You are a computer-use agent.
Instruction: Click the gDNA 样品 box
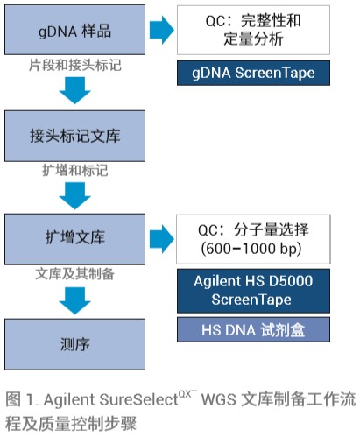[74, 30]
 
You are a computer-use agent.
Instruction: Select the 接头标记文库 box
[74, 136]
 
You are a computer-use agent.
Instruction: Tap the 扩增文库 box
[74, 239]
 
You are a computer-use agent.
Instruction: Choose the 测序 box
[74, 344]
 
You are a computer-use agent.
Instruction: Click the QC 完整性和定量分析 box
[253, 30]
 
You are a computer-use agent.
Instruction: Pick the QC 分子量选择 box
[253, 239]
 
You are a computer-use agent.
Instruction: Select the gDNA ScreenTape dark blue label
[253, 73]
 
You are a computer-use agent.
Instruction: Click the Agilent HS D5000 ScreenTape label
[253, 291]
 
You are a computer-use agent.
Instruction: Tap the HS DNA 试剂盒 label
[253, 329]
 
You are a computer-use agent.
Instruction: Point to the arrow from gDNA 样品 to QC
[162, 30]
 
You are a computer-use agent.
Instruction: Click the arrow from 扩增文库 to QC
[162, 239]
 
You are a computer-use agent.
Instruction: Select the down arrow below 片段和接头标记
[75, 90]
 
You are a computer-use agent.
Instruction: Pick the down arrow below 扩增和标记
[75, 195]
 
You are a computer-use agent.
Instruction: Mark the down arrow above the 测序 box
[75, 300]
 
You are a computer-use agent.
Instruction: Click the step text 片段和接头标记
[75, 65]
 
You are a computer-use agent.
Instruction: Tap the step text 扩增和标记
[75, 170]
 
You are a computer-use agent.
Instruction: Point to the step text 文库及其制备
[75, 274]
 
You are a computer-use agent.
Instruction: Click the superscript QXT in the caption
[187, 394]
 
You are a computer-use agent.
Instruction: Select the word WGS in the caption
[219, 399]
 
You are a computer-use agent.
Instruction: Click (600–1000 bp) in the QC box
[251, 249]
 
